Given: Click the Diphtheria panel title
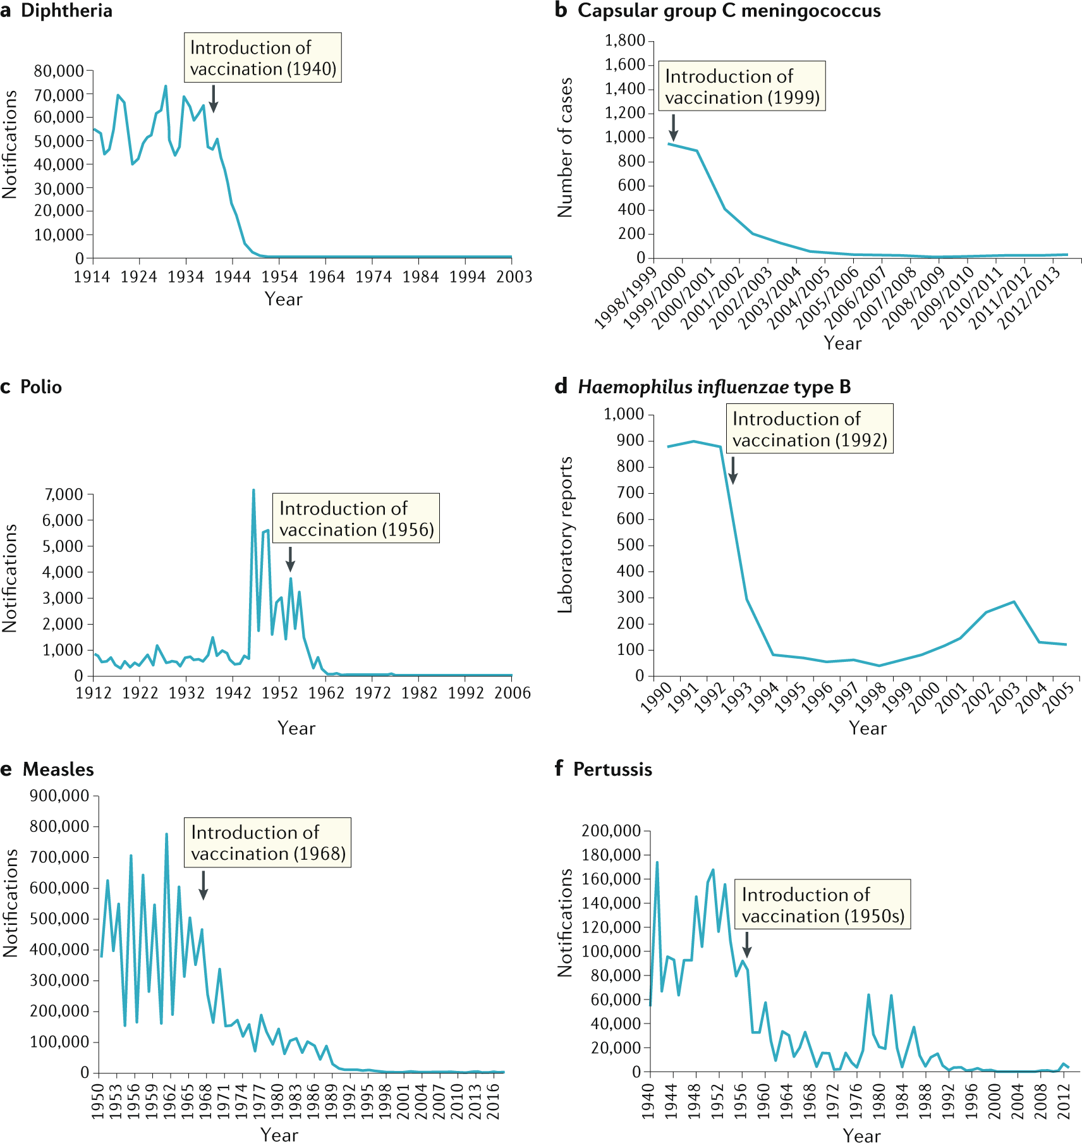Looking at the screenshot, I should pyautogui.click(x=66, y=11).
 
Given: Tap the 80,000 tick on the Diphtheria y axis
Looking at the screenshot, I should pyautogui.click(x=59, y=71).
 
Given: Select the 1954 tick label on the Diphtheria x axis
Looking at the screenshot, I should pyautogui.click(x=279, y=277).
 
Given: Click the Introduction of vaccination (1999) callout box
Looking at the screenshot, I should pyautogui.click(x=742, y=87).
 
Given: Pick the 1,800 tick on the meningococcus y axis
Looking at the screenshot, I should pyautogui.click(x=624, y=41).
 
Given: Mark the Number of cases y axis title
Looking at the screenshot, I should pyautogui.click(x=565, y=148).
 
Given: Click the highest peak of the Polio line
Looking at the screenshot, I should pyautogui.click(x=253, y=490).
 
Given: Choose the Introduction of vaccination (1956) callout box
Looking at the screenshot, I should pyautogui.click(x=356, y=518).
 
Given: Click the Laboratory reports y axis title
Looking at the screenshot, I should pyautogui.click(x=565, y=535).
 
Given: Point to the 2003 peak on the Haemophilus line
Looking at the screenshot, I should pyautogui.click(x=1014, y=601).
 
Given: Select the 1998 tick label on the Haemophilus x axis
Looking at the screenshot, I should pyautogui.click(x=871, y=699).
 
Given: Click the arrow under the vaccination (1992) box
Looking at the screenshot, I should pyautogui.click(x=732, y=470).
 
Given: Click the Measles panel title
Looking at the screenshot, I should pyautogui.click(x=58, y=769).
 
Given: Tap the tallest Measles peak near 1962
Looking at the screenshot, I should pyautogui.click(x=166, y=834).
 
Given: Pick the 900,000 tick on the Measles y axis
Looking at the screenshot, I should pyautogui.click(x=59, y=796).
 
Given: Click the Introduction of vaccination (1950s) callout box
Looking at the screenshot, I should pyautogui.click(x=822, y=905).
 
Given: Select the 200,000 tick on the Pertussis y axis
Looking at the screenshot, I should pyautogui.click(x=611, y=831).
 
